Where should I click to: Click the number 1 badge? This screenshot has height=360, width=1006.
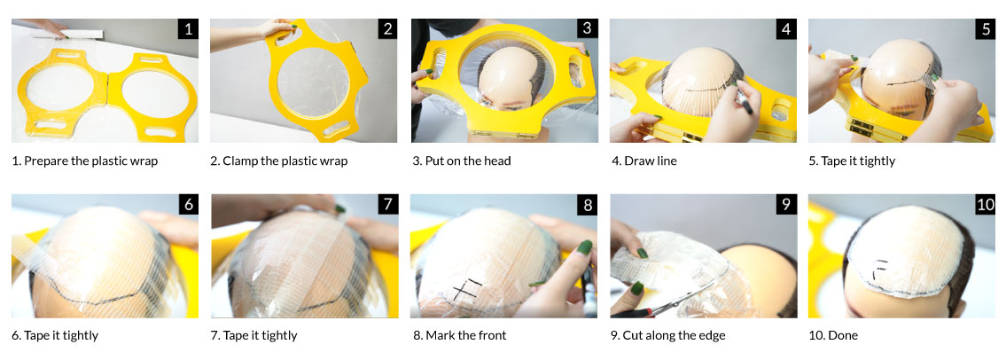tap(188, 29)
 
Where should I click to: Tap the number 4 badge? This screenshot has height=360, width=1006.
tap(786, 29)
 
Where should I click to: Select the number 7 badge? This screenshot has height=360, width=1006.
tap(387, 205)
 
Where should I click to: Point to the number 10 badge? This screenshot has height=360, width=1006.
tap(985, 205)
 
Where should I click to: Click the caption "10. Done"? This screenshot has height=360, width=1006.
tap(833, 335)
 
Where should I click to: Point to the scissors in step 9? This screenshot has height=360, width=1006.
tap(667, 303)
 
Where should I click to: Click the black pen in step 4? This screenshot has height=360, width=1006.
tap(742, 98)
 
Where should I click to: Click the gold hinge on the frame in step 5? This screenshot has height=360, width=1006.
tap(867, 127)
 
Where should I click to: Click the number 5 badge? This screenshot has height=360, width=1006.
tap(985, 29)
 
